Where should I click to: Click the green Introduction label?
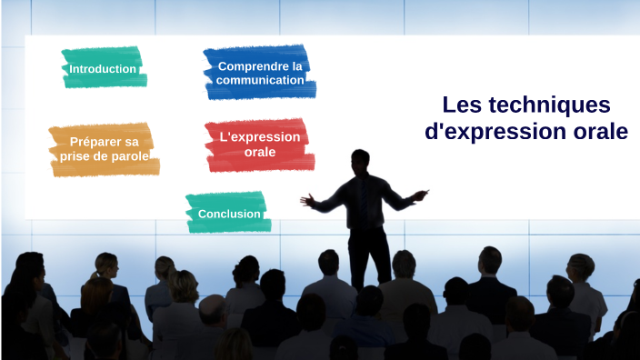103,69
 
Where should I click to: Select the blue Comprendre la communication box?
260,73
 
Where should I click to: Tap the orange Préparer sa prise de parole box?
104,149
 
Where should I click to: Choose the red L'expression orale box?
260,145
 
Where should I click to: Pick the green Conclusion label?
228,214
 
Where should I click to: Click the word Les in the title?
459,105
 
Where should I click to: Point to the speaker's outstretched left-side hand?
306,198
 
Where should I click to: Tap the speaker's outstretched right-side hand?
420,194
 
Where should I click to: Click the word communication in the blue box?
260,80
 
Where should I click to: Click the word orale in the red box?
260,152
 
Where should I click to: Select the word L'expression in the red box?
260,137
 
